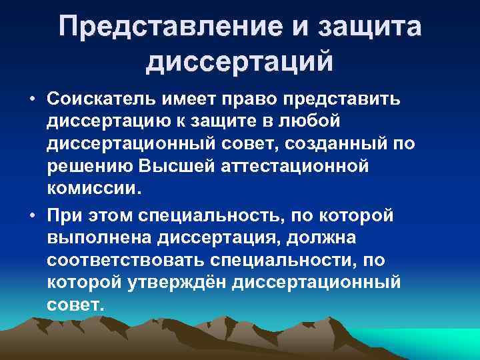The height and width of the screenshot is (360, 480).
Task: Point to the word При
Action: pos(66,215)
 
